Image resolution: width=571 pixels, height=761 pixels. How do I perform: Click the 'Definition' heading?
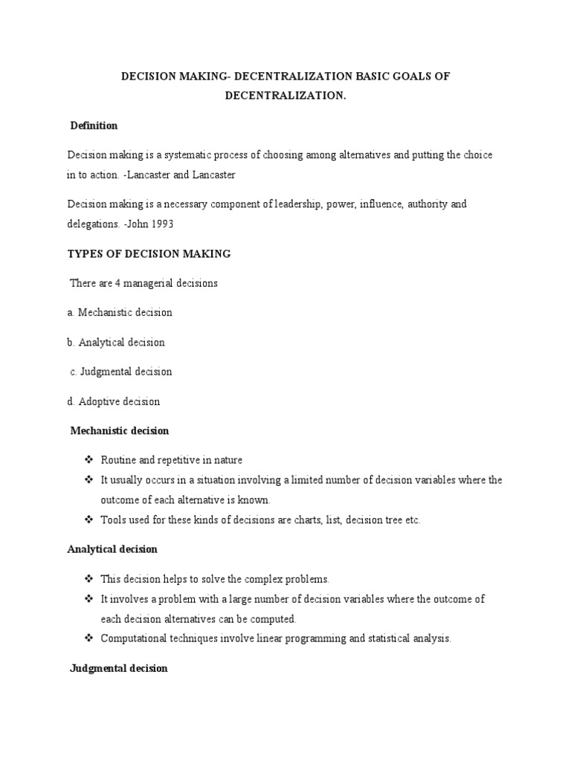coord(94,126)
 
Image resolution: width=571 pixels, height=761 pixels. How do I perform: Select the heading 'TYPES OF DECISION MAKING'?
coord(149,254)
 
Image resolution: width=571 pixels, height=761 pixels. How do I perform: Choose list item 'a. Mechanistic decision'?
coord(120,312)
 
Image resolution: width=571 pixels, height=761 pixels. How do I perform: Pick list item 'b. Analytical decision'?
coord(116,343)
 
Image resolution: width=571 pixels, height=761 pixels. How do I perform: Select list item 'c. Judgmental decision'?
coord(121,372)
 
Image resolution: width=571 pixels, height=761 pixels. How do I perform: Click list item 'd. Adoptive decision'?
coord(114,401)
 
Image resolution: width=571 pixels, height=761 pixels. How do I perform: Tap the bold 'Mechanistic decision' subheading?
coord(119,431)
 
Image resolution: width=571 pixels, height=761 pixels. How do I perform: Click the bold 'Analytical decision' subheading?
coord(112,549)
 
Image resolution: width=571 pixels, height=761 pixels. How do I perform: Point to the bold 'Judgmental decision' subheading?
coord(118,668)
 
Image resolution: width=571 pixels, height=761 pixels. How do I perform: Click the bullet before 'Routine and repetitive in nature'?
coord(88,460)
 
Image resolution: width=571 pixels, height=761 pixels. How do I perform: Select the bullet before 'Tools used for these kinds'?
coord(88,519)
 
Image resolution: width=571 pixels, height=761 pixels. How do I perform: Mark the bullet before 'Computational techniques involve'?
coord(88,638)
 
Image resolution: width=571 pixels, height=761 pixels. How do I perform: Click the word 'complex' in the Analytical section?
coord(258,579)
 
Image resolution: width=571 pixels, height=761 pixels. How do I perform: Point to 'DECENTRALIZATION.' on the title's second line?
coord(286,96)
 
